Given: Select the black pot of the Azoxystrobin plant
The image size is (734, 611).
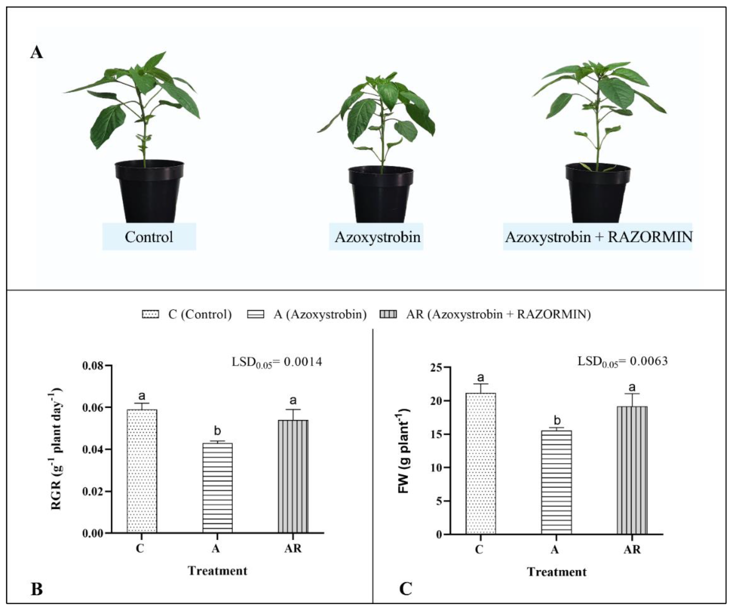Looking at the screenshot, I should click(x=381, y=196).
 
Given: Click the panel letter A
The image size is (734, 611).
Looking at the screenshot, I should click(x=36, y=53).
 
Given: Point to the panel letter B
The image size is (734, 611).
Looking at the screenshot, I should click(x=37, y=589).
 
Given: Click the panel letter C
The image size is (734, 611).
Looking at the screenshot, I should click(x=406, y=589).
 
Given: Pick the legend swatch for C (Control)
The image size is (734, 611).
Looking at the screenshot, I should click(x=150, y=314).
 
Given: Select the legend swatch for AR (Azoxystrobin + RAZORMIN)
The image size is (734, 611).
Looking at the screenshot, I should click(x=388, y=314).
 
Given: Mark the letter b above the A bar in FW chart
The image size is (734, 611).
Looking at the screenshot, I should click(x=557, y=420).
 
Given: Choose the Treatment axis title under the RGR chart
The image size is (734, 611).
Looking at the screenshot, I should click(x=217, y=571).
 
